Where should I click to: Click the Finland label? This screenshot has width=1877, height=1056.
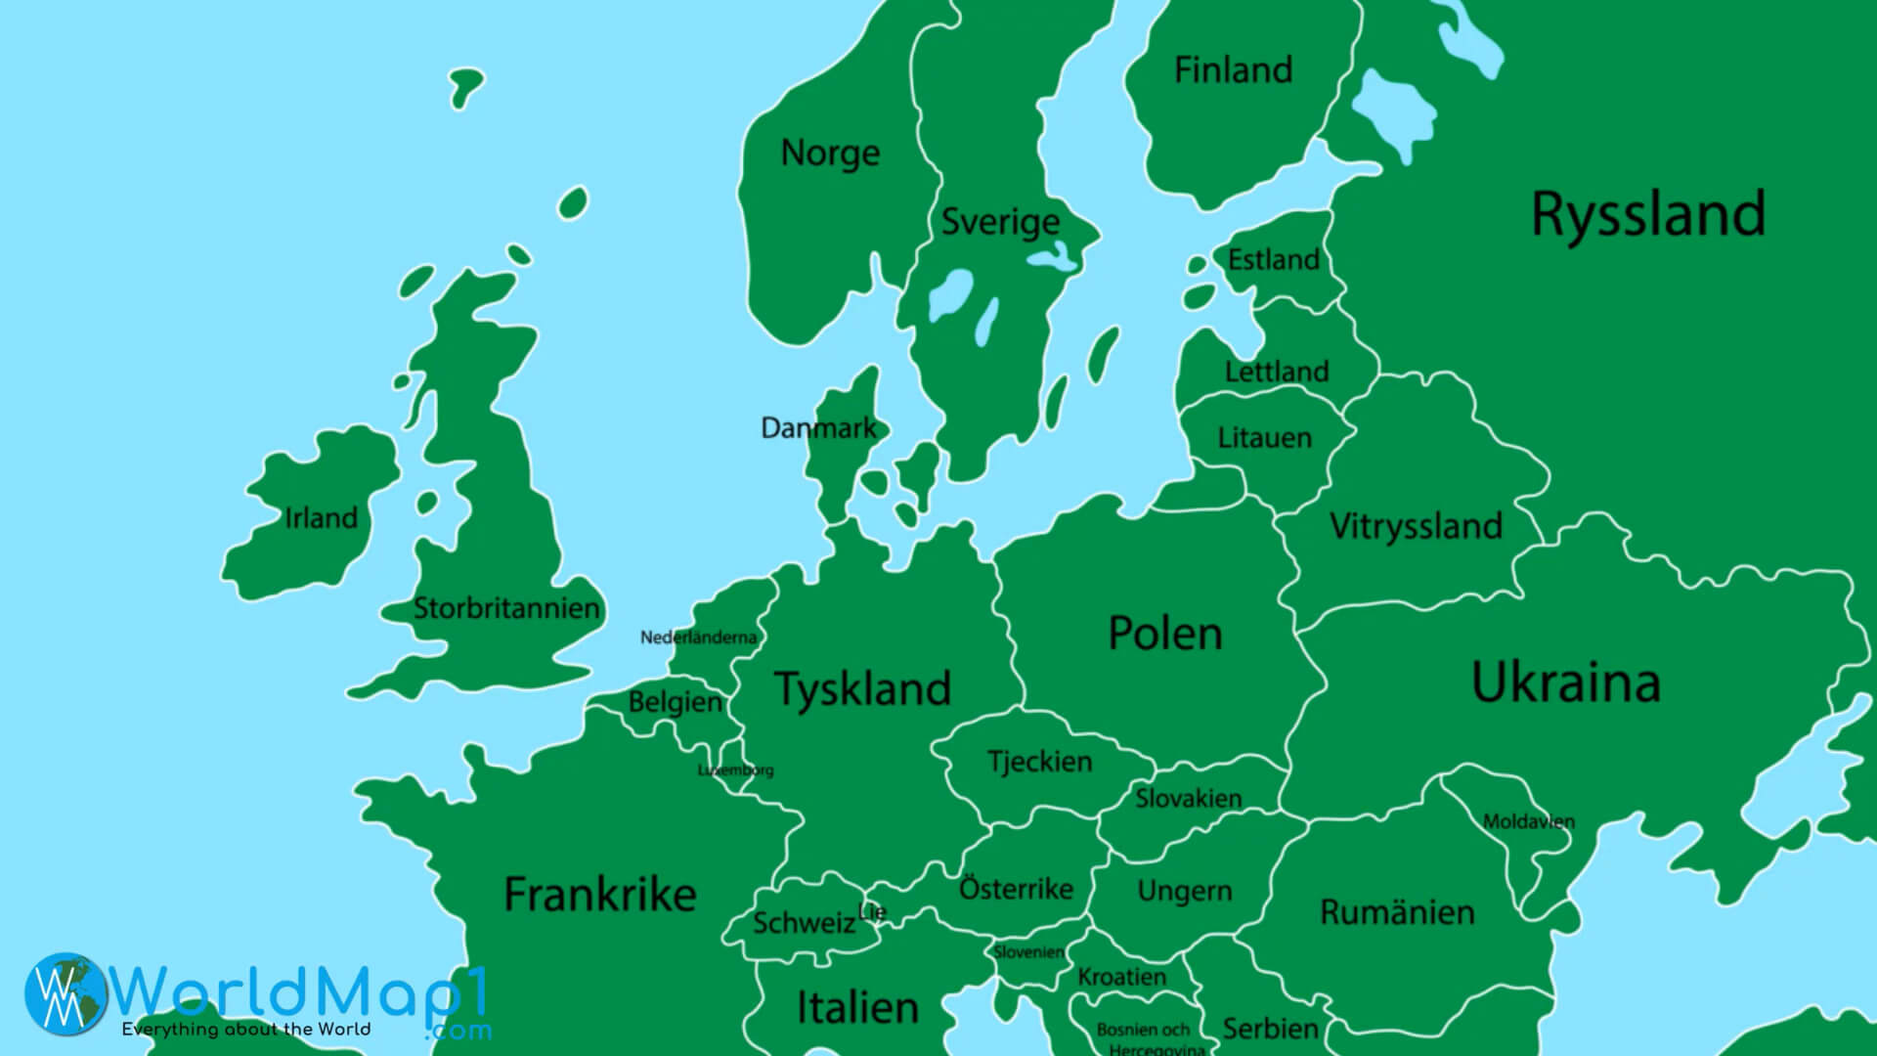coord(1233,70)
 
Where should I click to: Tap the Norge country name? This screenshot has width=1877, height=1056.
coord(830,154)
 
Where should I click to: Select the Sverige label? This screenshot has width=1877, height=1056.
coord(999,222)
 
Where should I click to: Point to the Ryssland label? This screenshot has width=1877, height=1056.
coord(1648,214)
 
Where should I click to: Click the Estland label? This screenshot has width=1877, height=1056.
coord(1273,260)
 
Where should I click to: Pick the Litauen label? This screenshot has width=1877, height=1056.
coord(1264,437)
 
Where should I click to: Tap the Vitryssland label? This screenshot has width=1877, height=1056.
coord(1416,526)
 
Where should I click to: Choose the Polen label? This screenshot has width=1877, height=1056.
coord(1164,634)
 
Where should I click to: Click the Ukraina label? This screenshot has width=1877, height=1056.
coord(1565,682)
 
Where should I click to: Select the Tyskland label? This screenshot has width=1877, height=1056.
coord(862,688)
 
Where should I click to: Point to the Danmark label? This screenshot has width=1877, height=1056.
coord(818,428)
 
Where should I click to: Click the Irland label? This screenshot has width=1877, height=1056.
coord(321,517)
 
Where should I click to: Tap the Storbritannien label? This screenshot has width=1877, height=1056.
coord(506,608)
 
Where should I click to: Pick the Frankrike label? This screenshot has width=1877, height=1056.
coord(599,894)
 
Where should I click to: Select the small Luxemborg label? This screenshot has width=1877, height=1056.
coord(735,770)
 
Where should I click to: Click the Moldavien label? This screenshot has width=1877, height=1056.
coord(1528,821)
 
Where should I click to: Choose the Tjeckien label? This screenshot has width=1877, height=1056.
coord(1039,762)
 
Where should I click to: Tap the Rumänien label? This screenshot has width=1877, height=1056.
coord(1396,912)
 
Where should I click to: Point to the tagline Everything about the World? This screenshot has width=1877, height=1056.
coord(245,1030)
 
